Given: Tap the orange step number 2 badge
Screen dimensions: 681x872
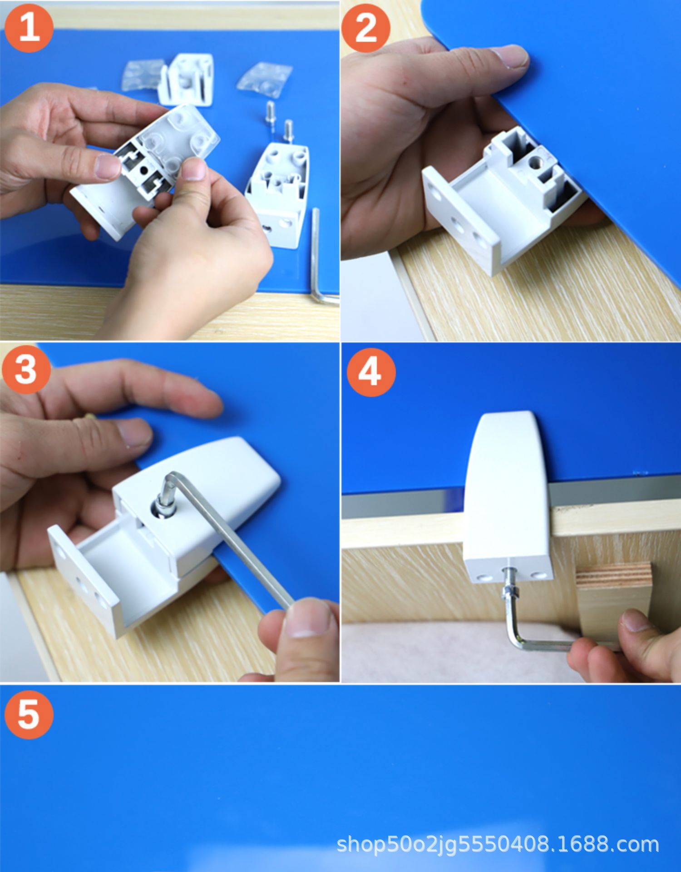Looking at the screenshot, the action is (366, 28).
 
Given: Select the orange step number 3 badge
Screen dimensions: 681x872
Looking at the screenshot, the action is (26, 369).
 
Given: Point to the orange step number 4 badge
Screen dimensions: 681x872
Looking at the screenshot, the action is (371, 372).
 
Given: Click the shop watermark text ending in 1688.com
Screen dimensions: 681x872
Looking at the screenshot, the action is (498, 844).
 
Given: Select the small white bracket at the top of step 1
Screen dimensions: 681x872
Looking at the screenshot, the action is (187, 79).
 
